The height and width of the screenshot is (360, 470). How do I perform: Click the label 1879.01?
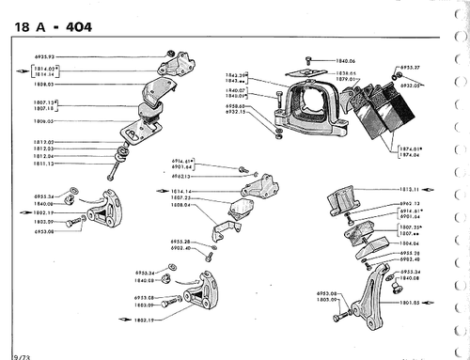point(350,79)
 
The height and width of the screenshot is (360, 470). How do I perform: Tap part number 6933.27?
point(409,68)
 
